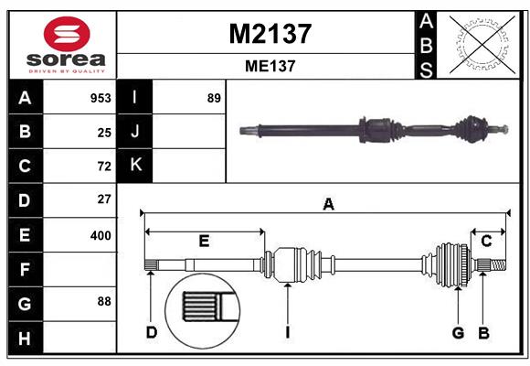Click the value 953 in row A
click(x=101, y=98)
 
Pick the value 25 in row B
click(x=104, y=133)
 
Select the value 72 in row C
click(x=104, y=167)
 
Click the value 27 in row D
click(x=104, y=199)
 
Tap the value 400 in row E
click(x=101, y=235)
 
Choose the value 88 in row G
click(x=104, y=301)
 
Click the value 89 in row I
click(x=214, y=98)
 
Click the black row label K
click(x=135, y=166)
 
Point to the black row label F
click(x=25, y=269)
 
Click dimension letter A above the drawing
click(x=328, y=205)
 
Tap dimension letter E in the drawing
click(x=204, y=241)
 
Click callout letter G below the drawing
click(x=458, y=332)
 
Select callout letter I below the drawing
click(x=286, y=332)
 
